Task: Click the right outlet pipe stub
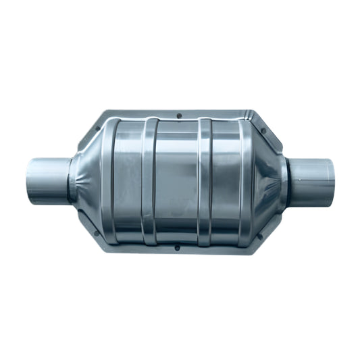pos(313,178)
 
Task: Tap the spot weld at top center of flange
pos(178,115)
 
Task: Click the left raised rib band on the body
pos(150,181)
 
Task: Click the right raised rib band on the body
pos(205,181)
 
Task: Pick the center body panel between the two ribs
pos(177,181)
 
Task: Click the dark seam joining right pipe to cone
pos(288,180)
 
